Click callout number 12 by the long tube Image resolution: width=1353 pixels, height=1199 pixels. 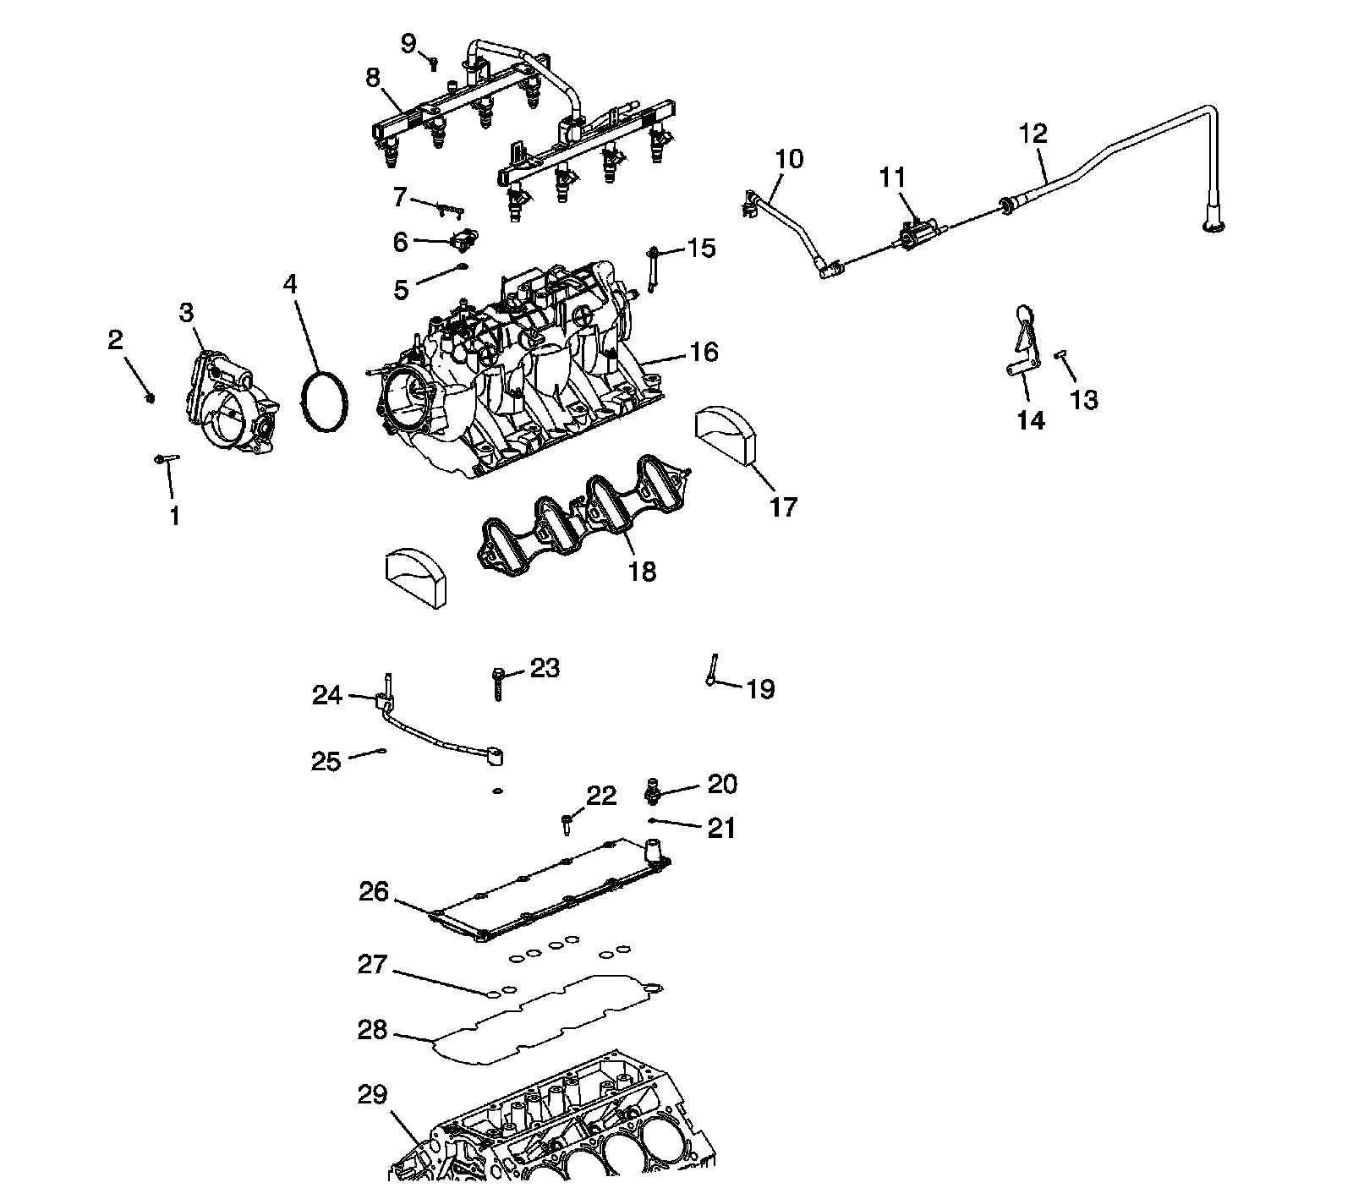[x=1033, y=134]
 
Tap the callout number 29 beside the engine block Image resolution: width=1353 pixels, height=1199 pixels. [x=372, y=1095]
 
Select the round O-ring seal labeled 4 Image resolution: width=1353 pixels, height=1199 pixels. [x=325, y=400]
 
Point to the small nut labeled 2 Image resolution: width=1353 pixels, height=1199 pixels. [x=151, y=397]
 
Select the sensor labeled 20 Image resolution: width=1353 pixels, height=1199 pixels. [x=653, y=790]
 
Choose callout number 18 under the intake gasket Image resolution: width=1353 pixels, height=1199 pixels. [x=642, y=572]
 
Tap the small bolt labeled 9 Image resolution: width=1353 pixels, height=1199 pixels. [x=433, y=61]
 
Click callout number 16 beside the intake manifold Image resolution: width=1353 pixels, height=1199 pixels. [x=704, y=351]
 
